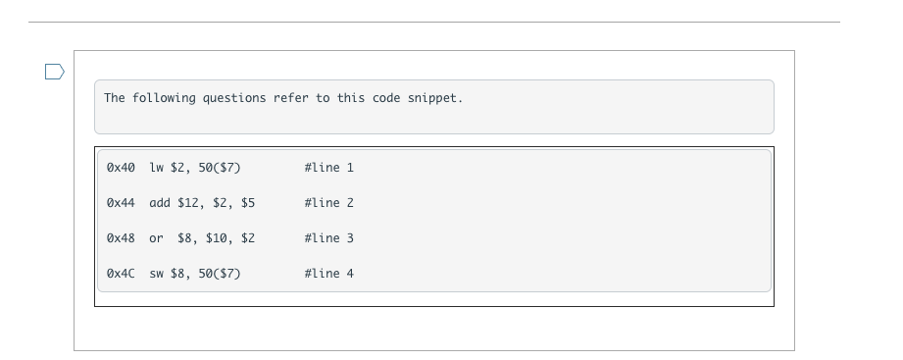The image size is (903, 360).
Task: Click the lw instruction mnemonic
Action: (156, 168)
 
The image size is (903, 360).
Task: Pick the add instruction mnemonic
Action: (160, 203)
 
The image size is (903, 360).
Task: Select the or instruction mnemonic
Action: (156, 238)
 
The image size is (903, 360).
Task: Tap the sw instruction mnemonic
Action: (156, 274)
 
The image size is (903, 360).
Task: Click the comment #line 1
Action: (329, 168)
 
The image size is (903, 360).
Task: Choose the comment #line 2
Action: (329, 203)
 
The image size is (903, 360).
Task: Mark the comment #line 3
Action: (329, 238)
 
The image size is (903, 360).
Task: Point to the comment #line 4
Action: (329, 274)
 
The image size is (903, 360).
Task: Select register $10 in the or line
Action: (219, 238)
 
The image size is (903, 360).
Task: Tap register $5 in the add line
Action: (248, 203)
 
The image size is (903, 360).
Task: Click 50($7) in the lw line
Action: (220, 168)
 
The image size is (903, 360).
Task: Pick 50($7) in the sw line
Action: (220, 274)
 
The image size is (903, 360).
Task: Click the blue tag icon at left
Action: (55, 71)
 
